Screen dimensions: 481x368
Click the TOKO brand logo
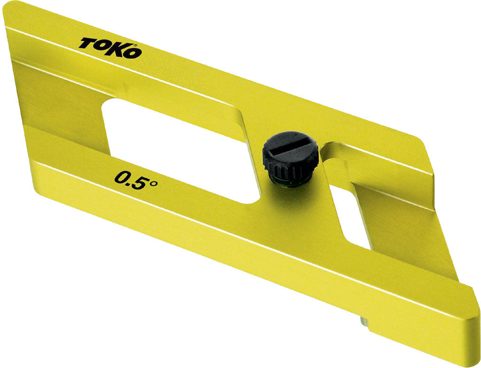point(110,48)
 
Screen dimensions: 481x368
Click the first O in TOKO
point(101,46)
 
